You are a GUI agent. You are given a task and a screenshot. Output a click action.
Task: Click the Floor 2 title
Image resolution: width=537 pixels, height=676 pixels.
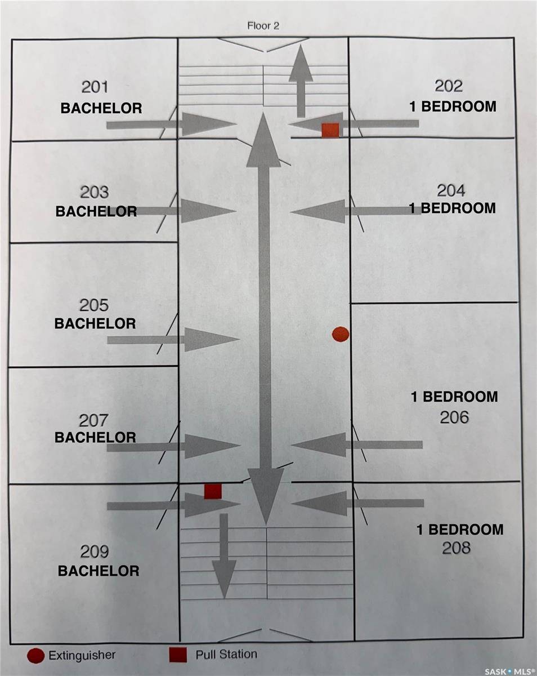(x=263, y=26)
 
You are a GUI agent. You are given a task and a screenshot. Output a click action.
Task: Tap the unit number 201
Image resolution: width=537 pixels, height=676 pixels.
(x=95, y=87)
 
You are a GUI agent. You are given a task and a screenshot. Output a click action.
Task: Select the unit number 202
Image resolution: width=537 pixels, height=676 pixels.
(x=449, y=86)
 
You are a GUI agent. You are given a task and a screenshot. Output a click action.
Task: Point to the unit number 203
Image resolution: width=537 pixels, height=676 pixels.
(x=95, y=193)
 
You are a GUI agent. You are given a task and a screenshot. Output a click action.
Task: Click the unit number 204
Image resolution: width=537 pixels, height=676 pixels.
(x=452, y=190)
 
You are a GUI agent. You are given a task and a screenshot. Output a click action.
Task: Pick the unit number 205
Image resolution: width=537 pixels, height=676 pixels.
(x=94, y=305)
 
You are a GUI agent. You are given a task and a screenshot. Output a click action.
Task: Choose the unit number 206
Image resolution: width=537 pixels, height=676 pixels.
(x=455, y=417)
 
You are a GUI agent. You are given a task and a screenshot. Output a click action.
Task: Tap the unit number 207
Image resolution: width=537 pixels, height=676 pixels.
(x=94, y=420)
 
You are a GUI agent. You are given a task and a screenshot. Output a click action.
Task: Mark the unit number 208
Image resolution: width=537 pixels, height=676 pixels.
(x=457, y=548)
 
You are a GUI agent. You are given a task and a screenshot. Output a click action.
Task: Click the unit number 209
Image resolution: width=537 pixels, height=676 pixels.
(x=95, y=552)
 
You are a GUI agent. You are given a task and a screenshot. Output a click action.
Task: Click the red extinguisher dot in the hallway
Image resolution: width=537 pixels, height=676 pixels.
(x=340, y=334)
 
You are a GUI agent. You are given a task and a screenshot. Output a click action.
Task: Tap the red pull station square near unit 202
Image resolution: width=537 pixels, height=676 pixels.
(x=330, y=130)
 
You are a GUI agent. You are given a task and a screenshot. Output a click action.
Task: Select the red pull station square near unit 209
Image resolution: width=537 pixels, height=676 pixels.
(x=212, y=491)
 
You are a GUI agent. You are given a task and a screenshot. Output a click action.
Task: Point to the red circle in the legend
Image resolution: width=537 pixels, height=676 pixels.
(x=35, y=656)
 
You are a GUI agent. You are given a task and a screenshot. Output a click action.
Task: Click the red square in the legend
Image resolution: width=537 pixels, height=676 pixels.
(x=178, y=655)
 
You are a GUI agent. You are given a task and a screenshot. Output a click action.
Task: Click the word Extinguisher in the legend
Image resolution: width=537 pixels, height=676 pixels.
(x=82, y=655)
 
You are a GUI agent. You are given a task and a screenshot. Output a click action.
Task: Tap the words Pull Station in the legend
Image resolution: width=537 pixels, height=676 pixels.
(x=226, y=655)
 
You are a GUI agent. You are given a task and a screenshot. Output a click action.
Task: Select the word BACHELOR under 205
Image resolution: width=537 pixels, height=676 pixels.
(x=95, y=324)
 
